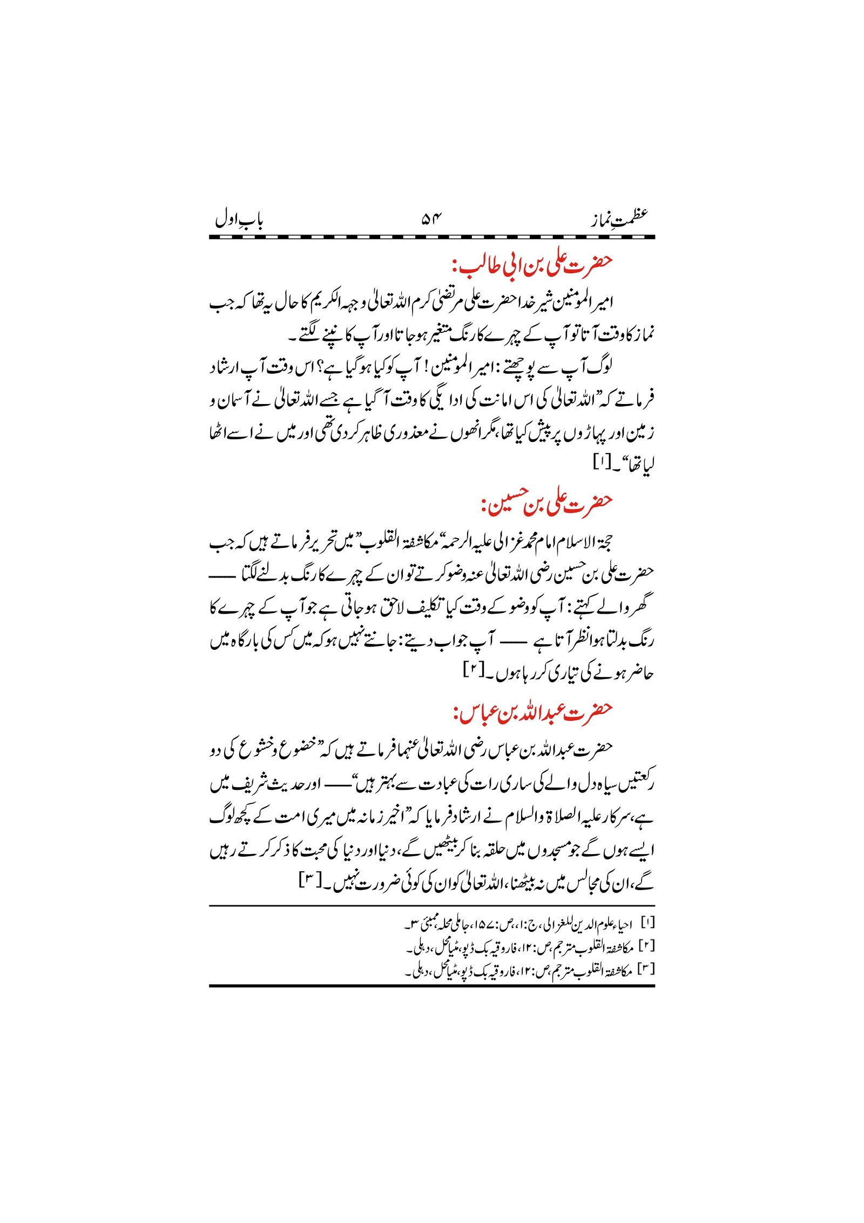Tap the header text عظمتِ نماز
(x=619, y=219)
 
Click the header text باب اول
(x=239, y=220)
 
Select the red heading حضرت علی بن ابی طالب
(x=532, y=264)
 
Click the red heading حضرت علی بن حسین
(x=546, y=503)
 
